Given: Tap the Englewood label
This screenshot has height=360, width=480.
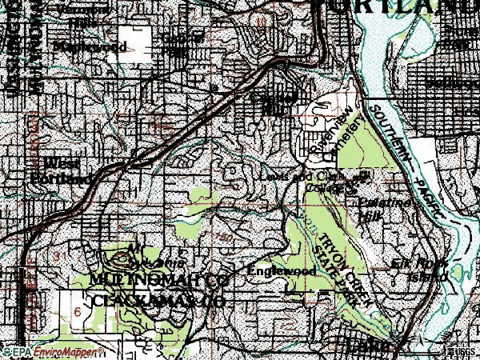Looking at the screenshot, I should [282, 272].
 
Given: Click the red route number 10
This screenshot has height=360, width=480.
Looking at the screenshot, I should [262, 22].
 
